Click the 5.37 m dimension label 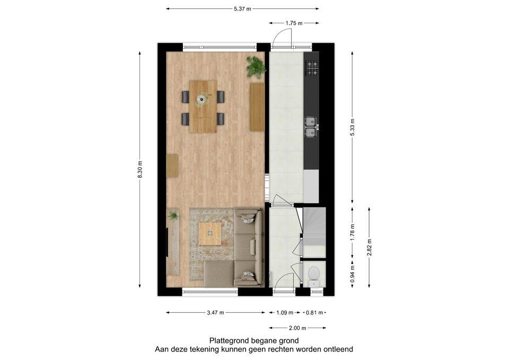click(242, 9)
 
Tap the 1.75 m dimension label click(294, 23)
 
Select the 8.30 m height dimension click(140, 170)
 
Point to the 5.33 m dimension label click(352, 128)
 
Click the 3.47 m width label click(215, 313)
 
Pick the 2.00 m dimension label click(297, 328)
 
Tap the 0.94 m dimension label click(352, 274)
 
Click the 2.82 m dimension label click(369, 248)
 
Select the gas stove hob click(312, 68)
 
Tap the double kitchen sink click(311, 127)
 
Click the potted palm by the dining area click(256, 67)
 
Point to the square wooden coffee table click(210, 234)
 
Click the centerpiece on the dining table click(202, 99)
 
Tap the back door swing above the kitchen click(282, 37)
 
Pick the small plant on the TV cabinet click(173, 215)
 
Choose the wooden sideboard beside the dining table click(257, 107)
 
